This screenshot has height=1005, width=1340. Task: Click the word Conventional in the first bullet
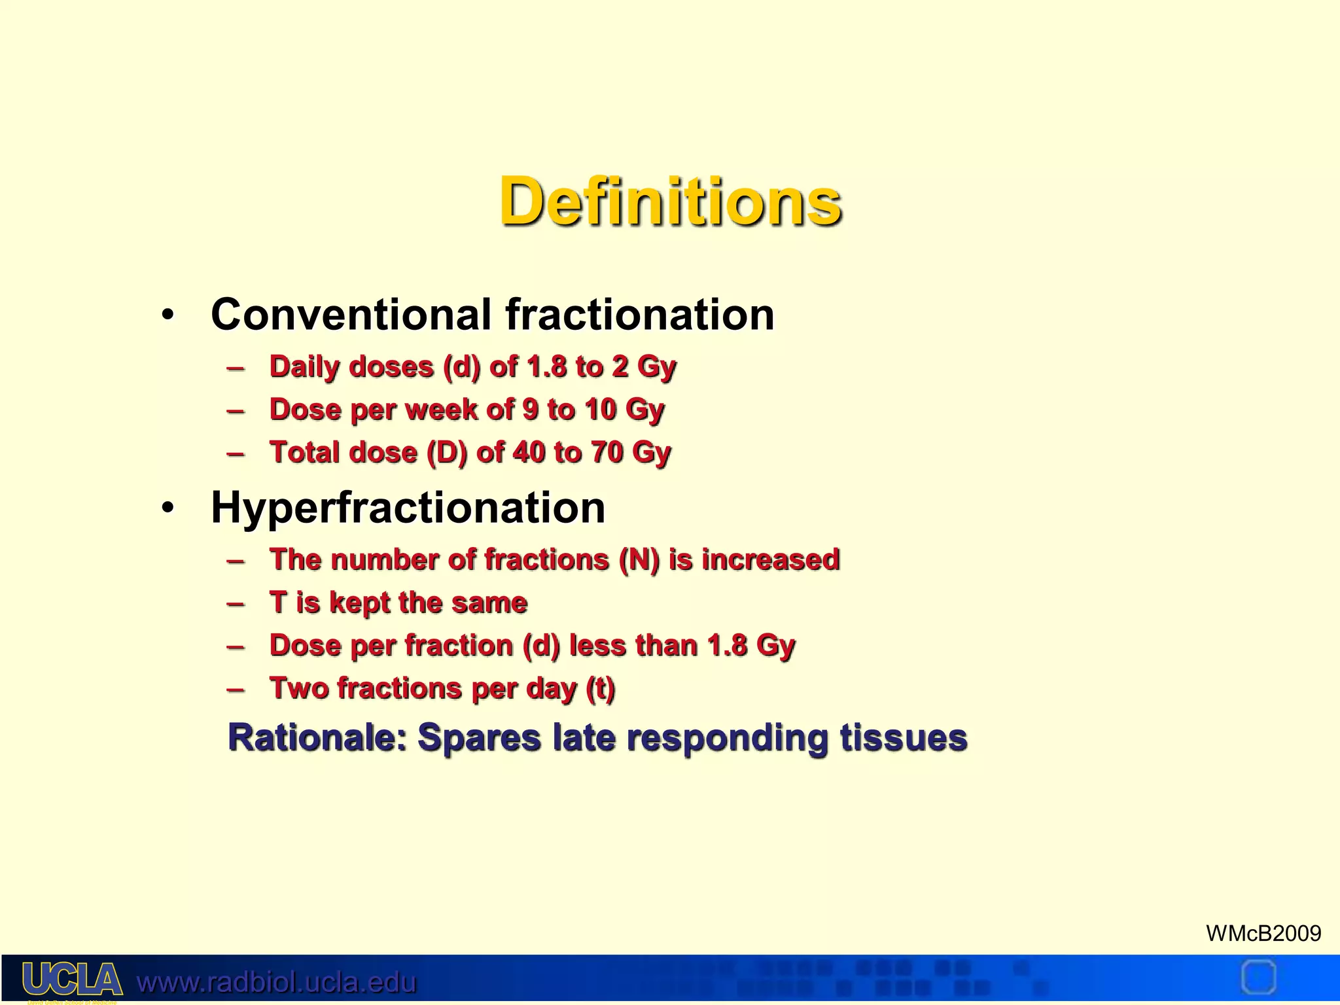[351, 315]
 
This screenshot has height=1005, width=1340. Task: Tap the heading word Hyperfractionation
[408, 508]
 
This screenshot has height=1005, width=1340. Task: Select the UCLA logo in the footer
[72, 979]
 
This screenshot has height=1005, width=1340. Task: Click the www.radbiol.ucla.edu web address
[276, 982]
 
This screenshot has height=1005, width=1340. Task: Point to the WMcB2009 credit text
[1263, 933]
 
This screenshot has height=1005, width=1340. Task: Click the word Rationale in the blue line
[317, 738]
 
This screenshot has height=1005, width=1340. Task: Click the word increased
[770, 560]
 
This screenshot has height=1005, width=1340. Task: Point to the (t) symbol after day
[600, 688]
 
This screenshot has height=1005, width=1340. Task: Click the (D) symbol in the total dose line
[447, 452]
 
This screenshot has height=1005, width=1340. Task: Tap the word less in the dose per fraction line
[597, 646]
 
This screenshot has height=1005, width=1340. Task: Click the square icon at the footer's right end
[1258, 978]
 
